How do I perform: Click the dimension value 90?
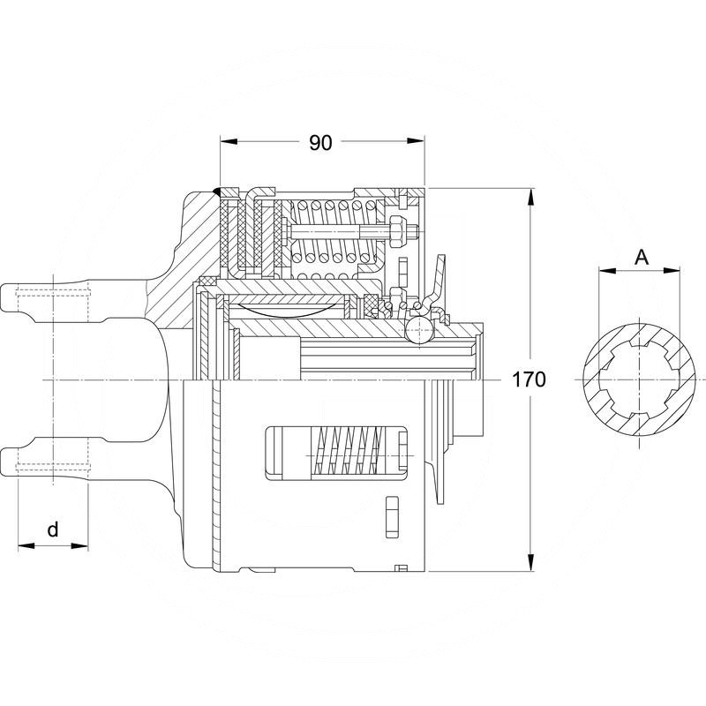click(320, 142)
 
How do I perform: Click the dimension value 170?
click(529, 380)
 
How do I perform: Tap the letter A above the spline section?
click(642, 257)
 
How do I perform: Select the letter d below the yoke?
click(53, 529)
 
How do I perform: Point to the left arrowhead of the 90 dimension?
click(227, 141)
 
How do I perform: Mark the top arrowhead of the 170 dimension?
click(529, 195)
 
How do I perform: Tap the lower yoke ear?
click(53, 459)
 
